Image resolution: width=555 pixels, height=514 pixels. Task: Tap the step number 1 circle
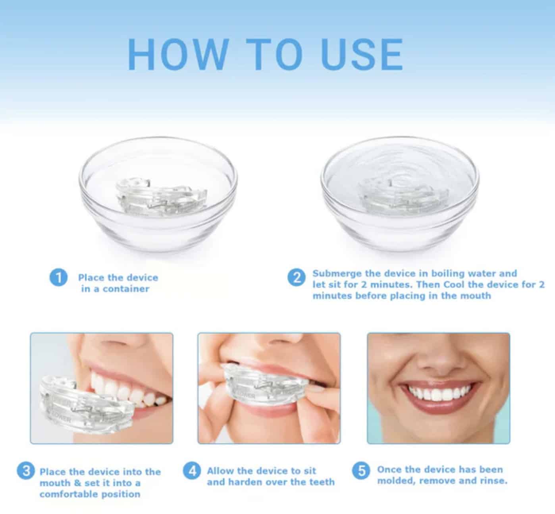coord(58,277)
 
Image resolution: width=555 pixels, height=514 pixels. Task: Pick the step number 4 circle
coord(193,471)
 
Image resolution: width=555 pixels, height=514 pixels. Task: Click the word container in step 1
coord(126,289)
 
